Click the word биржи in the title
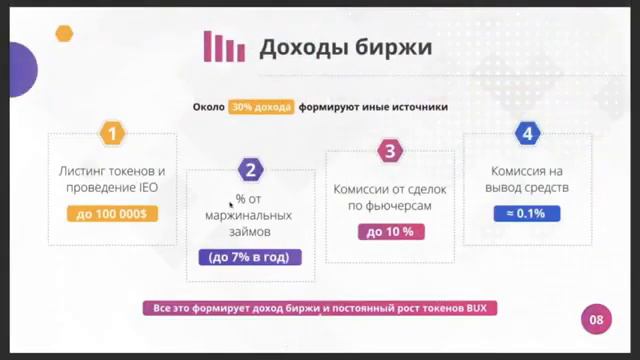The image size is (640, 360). pos(391,48)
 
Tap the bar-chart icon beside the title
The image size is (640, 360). pos(224,46)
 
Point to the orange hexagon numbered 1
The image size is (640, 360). pos(113,133)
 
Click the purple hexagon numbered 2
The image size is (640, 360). pos(251,169)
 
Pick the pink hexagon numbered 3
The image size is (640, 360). pos(390,151)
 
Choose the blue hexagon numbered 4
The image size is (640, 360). pos(527,133)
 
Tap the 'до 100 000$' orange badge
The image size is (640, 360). pos(113,213)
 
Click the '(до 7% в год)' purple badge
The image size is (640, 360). pos(249,257)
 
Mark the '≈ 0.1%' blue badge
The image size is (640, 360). pos(526,213)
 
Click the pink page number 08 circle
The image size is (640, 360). pos(597,320)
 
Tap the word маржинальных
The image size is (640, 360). pos(249,215)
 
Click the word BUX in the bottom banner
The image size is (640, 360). pos(481,308)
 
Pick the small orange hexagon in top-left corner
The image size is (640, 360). pos(65,33)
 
